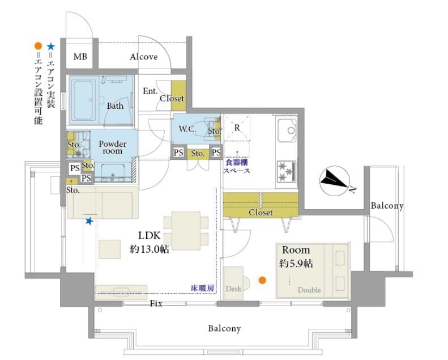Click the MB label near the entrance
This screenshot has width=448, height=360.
(x=80, y=57)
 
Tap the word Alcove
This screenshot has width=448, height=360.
(x=143, y=57)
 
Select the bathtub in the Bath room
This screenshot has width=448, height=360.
(x=83, y=100)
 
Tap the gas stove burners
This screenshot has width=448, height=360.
(x=286, y=172)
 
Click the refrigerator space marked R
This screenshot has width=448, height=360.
(x=237, y=128)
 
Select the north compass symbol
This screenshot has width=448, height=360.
(x=335, y=181)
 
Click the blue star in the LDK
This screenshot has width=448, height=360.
(x=89, y=221)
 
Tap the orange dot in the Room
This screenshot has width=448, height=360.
(x=262, y=280)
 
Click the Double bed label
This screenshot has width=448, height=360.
(x=309, y=290)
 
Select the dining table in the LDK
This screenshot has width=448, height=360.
(x=186, y=231)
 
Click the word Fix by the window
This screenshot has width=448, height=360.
(x=156, y=303)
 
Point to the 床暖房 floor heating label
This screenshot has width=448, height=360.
(x=202, y=288)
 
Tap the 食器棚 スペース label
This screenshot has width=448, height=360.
(x=237, y=167)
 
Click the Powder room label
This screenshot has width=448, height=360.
(x=113, y=147)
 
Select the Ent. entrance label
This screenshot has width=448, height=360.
(x=150, y=91)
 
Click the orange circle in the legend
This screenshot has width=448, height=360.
(x=38, y=46)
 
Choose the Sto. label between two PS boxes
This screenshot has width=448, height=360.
(x=198, y=154)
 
